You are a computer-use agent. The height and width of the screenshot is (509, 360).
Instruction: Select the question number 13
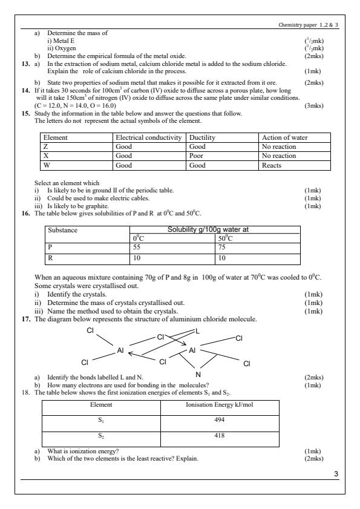[26, 64]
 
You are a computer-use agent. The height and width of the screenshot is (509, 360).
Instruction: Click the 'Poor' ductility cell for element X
[197, 156]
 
